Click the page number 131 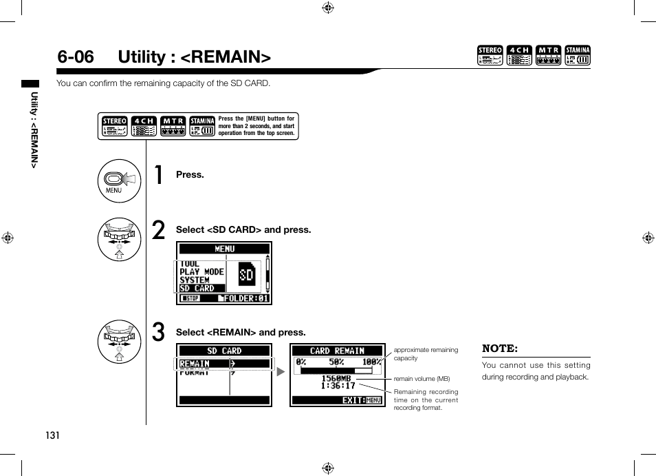[x=52, y=435]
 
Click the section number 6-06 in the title [x=76, y=56]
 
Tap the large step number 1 [x=159, y=176]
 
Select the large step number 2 [x=159, y=231]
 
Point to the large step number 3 [x=159, y=333]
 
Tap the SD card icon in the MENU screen [x=246, y=276]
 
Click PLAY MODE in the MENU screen [x=201, y=271]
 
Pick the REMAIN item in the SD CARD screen [x=195, y=364]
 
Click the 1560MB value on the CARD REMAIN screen [x=336, y=378]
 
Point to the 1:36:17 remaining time [x=338, y=386]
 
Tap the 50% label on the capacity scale [x=336, y=362]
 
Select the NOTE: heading [x=500, y=349]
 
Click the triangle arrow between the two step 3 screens [x=281, y=372]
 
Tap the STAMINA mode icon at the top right [x=578, y=56]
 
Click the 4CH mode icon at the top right [x=519, y=56]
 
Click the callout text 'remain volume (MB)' [x=422, y=379]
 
